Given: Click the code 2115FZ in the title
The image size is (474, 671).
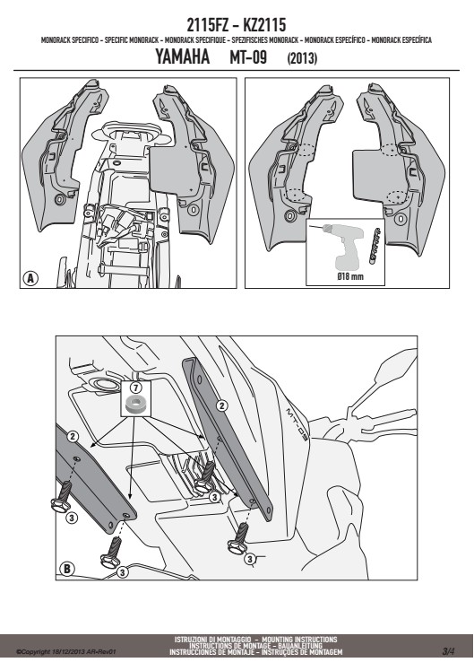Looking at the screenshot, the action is [x=207, y=25].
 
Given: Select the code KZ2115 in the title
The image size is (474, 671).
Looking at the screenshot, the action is [x=264, y=25].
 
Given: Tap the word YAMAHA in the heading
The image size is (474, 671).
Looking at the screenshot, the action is [x=182, y=57].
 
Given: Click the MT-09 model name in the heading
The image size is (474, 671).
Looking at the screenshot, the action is [x=248, y=57].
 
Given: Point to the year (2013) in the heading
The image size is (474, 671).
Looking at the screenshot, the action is [x=302, y=57].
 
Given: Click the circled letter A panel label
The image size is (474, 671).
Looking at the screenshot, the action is [x=30, y=279].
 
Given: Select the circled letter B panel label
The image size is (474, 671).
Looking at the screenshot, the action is [x=66, y=569].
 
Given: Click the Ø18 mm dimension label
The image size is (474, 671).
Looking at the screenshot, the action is [x=350, y=276].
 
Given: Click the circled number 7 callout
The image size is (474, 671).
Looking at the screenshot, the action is [x=135, y=388].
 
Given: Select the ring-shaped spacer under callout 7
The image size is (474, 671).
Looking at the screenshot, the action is [x=136, y=405].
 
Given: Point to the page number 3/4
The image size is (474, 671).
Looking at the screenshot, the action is [x=448, y=652].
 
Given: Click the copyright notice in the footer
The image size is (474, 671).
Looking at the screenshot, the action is [x=65, y=652].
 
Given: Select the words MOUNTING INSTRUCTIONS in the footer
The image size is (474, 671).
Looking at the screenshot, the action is [x=299, y=640].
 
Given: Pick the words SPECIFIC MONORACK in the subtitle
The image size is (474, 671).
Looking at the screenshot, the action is [x=132, y=40].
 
